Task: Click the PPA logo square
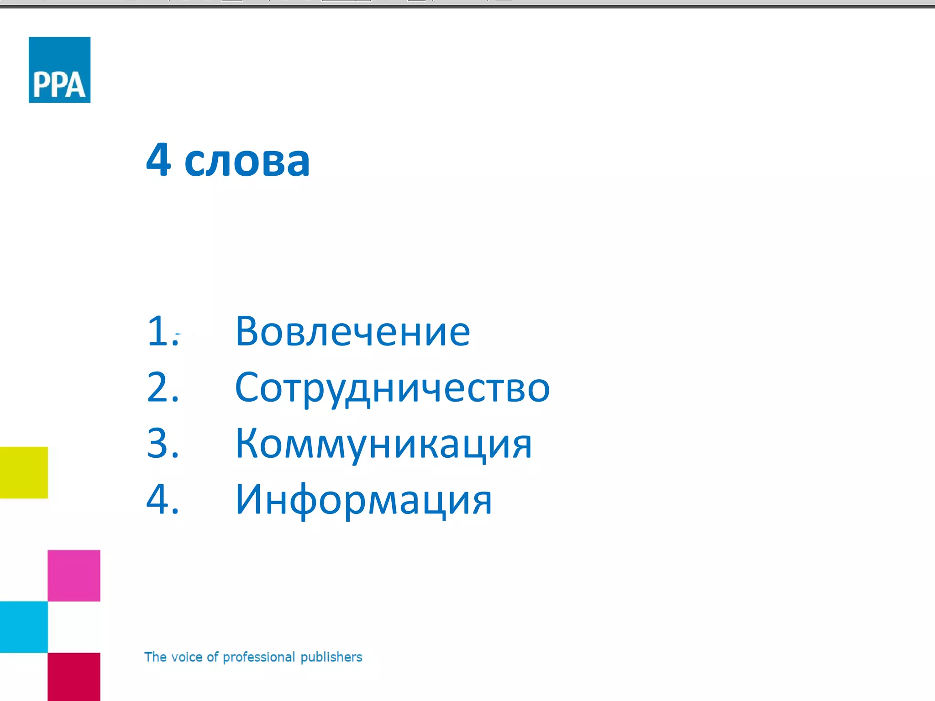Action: tap(59, 69)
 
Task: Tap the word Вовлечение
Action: tap(352, 331)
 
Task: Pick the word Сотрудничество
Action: tap(392, 388)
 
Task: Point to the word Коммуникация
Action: tap(383, 444)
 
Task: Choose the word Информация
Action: tap(363, 500)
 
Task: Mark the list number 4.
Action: tap(162, 499)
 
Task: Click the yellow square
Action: tap(24, 472)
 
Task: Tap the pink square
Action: tap(74, 575)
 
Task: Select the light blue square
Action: tap(24, 627)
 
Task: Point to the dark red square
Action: tap(74, 677)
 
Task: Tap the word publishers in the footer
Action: tap(331, 657)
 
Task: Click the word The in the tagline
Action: tap(155, 657)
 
